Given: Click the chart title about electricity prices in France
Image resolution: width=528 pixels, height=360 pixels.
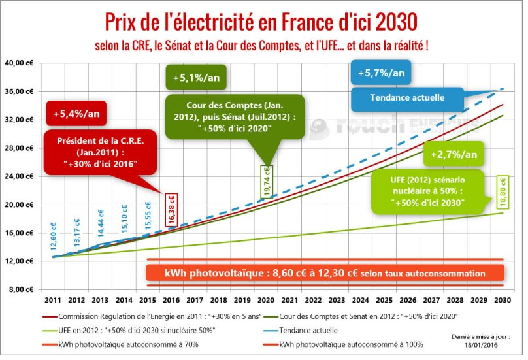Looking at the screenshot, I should (x=261, y=21).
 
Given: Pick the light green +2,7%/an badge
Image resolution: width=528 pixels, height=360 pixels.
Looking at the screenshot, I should (x=454, y=155).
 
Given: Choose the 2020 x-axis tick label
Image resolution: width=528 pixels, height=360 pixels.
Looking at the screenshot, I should (x=266, y=301).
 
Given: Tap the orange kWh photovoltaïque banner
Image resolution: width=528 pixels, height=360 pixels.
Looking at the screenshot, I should (x=325, y=272).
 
